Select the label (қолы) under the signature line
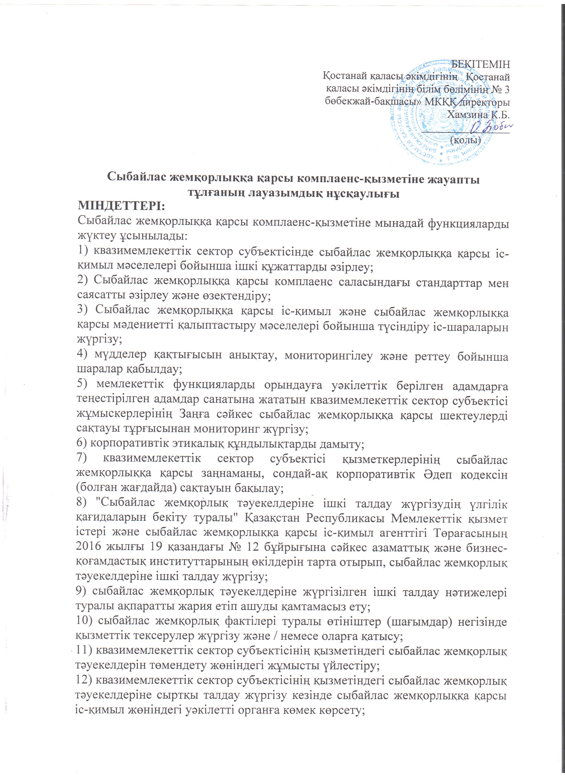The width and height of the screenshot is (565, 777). coord(466,140)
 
